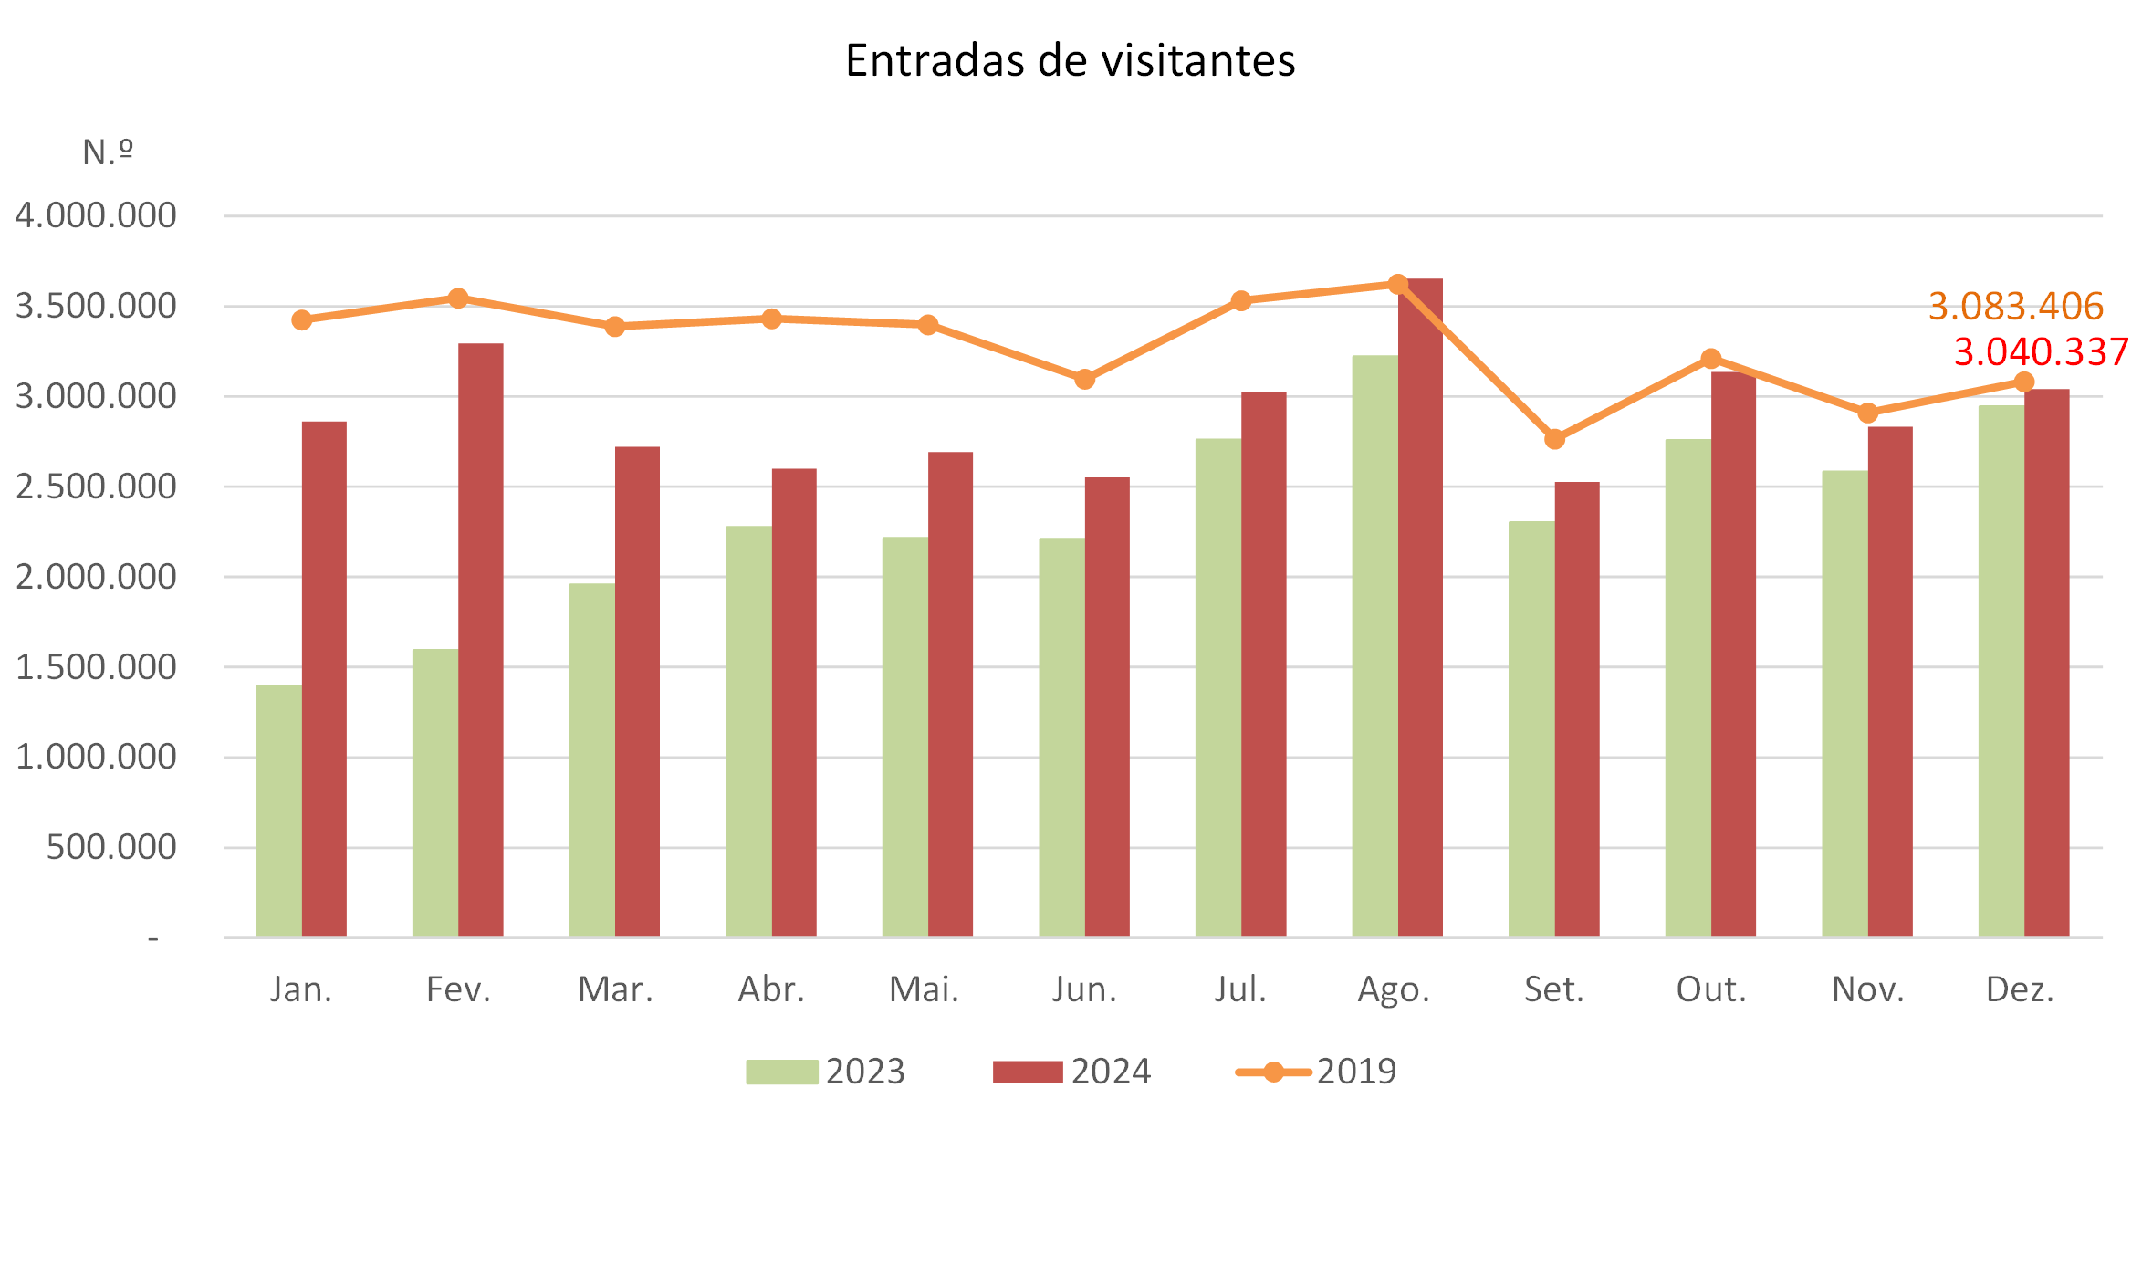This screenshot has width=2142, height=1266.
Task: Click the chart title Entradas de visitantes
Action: point(1070,61)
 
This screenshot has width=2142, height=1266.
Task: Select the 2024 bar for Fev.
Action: point(480,639)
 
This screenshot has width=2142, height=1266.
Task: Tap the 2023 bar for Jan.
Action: point(278,811)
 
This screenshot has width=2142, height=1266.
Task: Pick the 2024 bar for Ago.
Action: point(1420,607)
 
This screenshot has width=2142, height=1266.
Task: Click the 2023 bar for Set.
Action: point(1531,728)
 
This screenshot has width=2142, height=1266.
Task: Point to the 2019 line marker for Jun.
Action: point(1084,379)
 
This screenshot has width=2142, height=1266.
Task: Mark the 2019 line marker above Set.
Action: point(1554,440)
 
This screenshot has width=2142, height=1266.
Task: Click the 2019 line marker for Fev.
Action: point(458,298)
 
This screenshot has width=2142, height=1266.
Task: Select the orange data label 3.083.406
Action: point(2015,307)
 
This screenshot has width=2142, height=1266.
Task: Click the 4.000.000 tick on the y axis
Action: point(96,216)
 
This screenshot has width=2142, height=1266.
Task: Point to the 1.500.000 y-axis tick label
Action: point(96,667)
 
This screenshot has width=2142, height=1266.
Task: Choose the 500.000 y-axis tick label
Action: point(110,848)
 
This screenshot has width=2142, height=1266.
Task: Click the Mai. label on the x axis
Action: point(924,989)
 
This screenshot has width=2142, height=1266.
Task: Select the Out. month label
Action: point(1710,989)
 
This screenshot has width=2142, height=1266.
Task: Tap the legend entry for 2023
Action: point(824,1072)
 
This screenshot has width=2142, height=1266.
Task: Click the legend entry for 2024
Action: point(1071,1072)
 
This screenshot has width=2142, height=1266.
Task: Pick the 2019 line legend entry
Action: point(1315,1072)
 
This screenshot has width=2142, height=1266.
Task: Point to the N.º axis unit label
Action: point(108,152)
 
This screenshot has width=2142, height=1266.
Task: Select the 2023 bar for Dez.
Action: point(2001,671)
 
